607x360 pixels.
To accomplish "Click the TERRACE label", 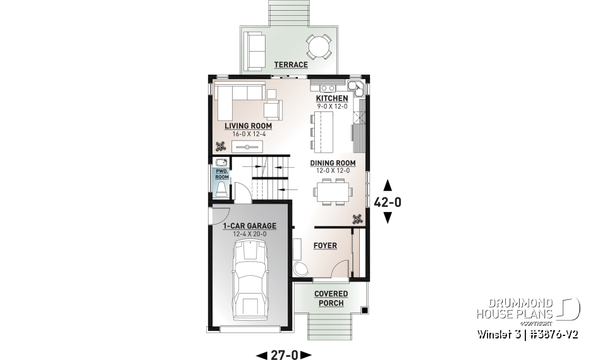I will tap(291, 65).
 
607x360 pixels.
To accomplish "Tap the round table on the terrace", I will tap(318, 46).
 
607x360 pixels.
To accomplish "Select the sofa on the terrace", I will tap(255, 49).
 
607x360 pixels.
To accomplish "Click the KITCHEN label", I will tap(332, 99).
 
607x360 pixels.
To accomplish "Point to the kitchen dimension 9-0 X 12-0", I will tap(332, 107).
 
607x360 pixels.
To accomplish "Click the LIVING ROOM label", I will tap(243, 126).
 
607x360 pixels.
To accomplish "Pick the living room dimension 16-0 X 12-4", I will tap(243, 134).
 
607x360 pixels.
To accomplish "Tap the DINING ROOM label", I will tap(333, 163).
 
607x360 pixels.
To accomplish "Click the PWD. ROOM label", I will tap(222, 174).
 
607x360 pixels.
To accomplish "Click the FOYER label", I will tap(325, 245).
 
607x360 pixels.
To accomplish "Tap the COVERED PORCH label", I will tap(331, 299).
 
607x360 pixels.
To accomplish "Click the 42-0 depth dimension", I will tap(388, 202).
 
